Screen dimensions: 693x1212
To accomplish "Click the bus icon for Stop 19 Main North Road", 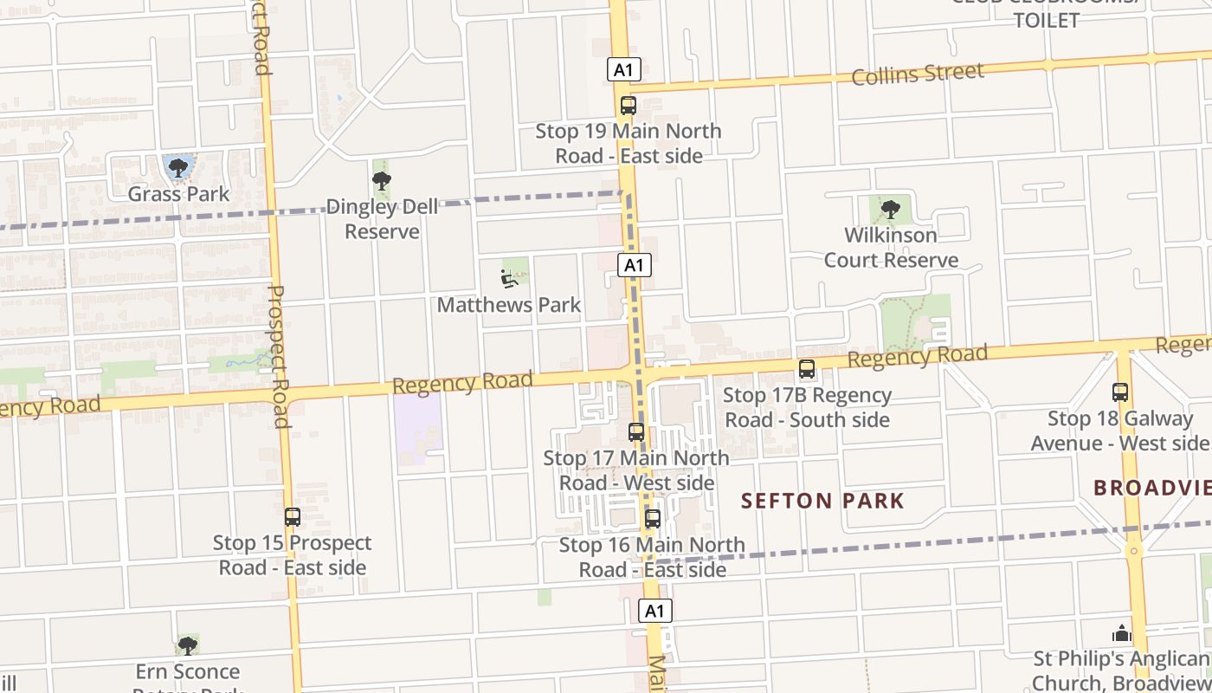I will click(629, 106).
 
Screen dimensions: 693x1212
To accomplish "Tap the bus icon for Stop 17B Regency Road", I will click(807, 369).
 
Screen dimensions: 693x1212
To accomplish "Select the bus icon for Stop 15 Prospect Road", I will click(293, 517).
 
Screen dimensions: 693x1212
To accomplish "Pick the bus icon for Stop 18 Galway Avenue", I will click(1120, 392).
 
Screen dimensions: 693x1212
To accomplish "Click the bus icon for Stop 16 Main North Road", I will click(653, 519).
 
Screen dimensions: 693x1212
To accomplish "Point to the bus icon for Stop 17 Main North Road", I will click(636, 431).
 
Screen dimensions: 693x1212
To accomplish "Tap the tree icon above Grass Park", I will click(178, 166).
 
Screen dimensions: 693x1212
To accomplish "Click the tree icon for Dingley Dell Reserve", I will click(381, 181).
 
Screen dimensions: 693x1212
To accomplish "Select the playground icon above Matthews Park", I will click(508, 278).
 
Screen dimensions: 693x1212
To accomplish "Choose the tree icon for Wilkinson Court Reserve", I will click(890, 209).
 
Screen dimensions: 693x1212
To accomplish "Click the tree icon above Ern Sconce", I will click(187, 645).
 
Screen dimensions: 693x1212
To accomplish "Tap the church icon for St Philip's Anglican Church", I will click(1122, 633).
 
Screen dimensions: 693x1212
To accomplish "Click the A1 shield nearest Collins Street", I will click(623, 69).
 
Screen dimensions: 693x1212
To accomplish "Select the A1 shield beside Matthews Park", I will click(635, 265).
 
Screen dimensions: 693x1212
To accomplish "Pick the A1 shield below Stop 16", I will click(655, 611).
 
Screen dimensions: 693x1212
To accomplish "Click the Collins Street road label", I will click(918, 74).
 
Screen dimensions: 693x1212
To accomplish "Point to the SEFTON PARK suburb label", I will click(822, 501).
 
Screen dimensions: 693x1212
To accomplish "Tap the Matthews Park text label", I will click(509, 305).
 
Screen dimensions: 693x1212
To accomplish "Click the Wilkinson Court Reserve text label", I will click(891, 248).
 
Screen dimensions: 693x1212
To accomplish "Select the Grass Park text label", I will click(179, 193).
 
